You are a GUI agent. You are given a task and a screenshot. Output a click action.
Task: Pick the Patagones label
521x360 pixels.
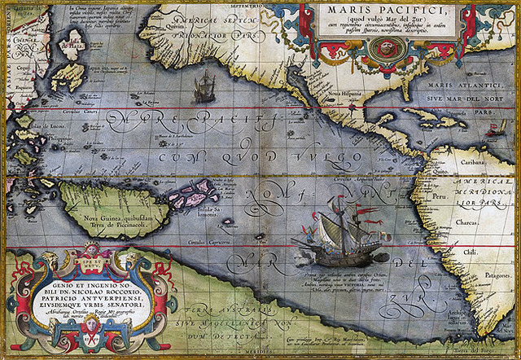pos(490,278)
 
